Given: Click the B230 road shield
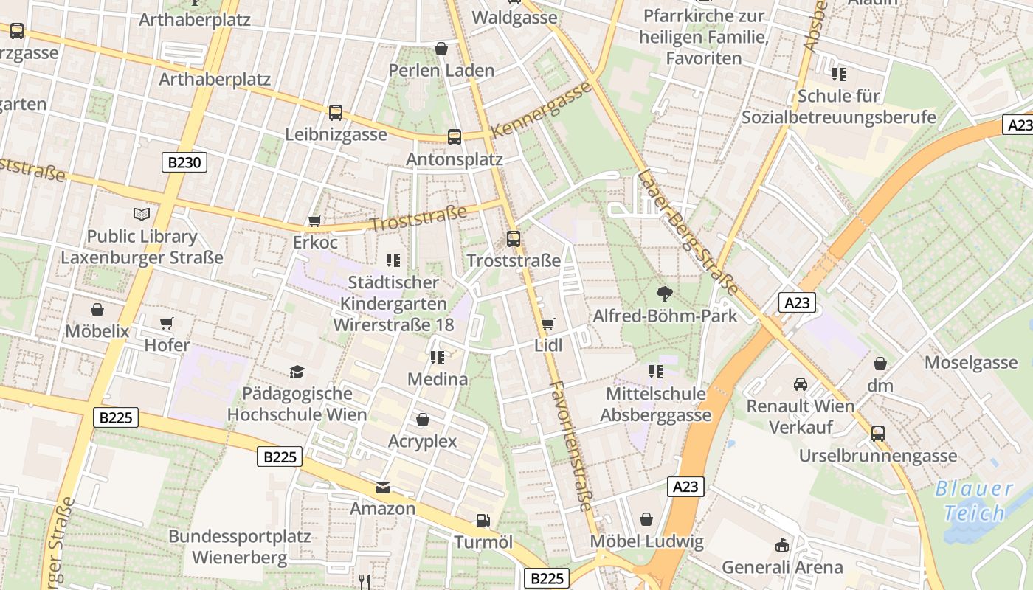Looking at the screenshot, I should [x=184, y=162].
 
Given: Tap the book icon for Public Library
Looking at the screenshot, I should [x=142, y=215].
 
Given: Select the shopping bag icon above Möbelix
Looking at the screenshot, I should [x=97, y=309].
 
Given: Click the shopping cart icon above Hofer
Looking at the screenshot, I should [x=167, y=323].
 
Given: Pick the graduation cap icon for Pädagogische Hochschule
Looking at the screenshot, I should [x=297, y=372].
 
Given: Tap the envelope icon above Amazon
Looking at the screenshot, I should [x=383, y=487].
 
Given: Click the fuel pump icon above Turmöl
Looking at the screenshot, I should [x=483, y=521].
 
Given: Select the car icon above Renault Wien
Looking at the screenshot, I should [x=801, y=384].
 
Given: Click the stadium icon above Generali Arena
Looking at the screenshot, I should [x=782, y=546].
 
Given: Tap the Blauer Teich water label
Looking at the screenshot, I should [x=974, y=501].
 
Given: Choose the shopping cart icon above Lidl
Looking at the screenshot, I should [x=547, y=324].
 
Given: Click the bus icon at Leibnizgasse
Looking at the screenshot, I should [x=336, y=113].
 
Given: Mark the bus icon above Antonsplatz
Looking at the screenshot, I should [x=455, y=137].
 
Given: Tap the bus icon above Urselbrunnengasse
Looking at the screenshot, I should [x=878, y=434].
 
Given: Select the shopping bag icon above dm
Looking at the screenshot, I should [x=880, y=364].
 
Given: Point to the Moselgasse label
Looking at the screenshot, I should [x=971, y=362].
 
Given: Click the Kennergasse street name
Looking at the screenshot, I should [x=542, y=109].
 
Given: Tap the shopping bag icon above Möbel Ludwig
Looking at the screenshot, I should [x=646, y=520].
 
